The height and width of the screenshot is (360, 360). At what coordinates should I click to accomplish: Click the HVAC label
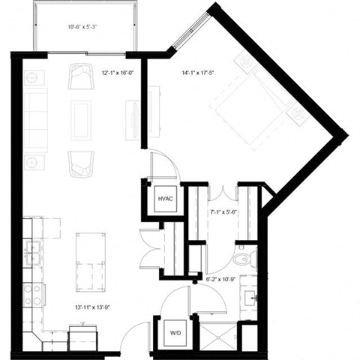(164, 199)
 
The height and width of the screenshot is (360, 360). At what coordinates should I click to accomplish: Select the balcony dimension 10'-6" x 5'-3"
(82, 28)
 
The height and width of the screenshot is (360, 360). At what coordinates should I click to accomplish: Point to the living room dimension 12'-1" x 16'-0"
(117, 73)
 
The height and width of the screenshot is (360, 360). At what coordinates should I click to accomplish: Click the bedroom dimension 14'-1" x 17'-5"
(197, 73)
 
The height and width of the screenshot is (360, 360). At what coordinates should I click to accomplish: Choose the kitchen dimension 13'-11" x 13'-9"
(91, 307)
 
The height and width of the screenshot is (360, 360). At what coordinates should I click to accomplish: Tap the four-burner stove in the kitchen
(32, 295)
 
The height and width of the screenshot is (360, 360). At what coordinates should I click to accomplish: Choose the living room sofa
(35, 120)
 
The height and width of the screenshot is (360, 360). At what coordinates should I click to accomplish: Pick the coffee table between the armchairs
(81, 120)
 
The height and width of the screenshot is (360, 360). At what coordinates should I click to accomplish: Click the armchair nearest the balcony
(81, 77)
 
